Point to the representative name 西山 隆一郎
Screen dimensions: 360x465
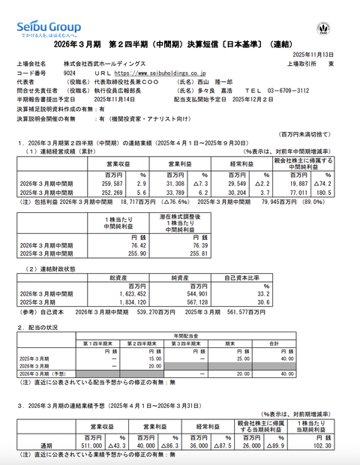(259, 82)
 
